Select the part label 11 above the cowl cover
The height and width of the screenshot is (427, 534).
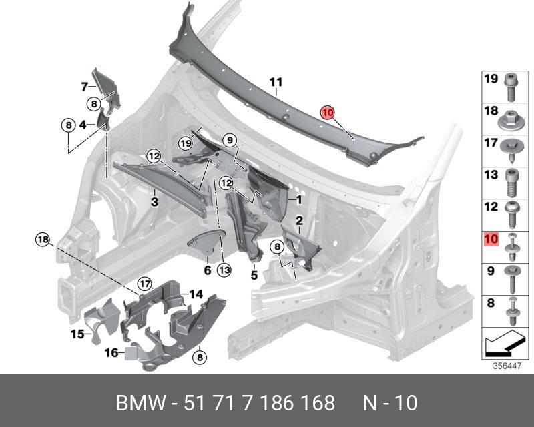276,82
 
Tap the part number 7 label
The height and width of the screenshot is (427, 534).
85,87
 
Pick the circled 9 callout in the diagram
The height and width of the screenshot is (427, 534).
230,140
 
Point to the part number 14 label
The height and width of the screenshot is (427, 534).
195,294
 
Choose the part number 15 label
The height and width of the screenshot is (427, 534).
78,333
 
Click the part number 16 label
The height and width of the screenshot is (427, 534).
111,352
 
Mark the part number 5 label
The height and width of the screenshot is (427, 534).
254,274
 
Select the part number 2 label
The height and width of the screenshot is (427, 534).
299,220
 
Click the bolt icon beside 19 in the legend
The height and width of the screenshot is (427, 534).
511,84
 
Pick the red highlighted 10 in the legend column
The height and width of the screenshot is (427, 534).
491,239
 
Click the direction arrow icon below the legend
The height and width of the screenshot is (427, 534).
505,346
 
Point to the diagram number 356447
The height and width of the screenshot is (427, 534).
507,366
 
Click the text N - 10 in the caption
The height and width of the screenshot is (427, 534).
390,403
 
